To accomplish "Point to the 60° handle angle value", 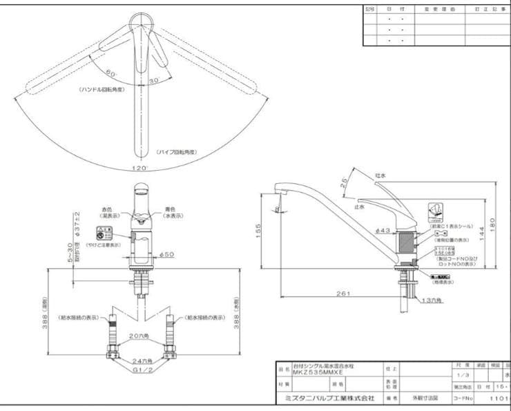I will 111,73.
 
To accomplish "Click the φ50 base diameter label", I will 166,255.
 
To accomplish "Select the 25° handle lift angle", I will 343,184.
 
